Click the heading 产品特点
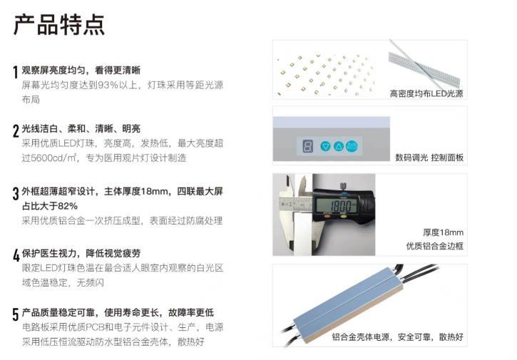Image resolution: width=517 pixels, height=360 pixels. click(x=59, y=25)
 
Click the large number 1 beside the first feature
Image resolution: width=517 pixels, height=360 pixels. click(x=15, y=72)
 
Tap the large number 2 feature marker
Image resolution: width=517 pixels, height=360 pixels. click(x=16, y=131)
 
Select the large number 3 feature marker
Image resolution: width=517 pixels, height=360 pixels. click(x=16, y=193)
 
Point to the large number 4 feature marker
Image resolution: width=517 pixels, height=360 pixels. click(x=16, y=255)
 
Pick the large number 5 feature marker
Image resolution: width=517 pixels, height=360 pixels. click(x=16, y=314)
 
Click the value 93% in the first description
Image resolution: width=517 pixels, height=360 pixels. click(x=108, y=85)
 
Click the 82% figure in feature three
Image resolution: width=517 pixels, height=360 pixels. click(x=68, y=206)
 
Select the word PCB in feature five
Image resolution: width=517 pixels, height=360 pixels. click(x=96, y=327)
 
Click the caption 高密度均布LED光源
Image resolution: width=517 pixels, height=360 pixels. click(x=426, y=93)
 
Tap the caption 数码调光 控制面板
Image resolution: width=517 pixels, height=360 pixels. click(x=429, y=158)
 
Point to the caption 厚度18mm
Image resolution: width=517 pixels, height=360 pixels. click(x=443, y=232)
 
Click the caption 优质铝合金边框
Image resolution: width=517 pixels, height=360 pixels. click(x=434, y=246)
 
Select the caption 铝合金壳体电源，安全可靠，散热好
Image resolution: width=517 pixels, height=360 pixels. click(x=398, y=337)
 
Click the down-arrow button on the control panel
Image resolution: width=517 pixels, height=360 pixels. click(x=325, y=146)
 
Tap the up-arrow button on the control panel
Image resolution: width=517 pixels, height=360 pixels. click(x=339, y=146)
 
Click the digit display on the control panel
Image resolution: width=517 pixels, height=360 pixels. click(x=307, y=146)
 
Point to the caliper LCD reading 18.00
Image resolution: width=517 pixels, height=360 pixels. click(x=337, y=206)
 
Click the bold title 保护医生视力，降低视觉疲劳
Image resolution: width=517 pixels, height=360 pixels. click(x=81, y=253)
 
